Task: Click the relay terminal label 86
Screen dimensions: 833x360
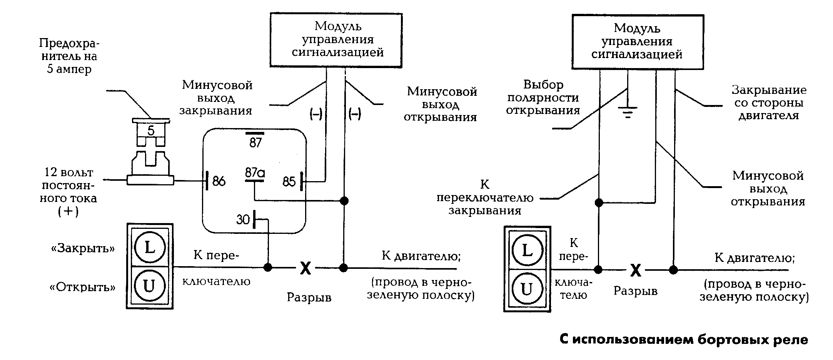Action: coord(219,181)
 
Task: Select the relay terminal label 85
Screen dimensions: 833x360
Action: coord(289,182)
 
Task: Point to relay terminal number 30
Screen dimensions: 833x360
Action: coord(243,220)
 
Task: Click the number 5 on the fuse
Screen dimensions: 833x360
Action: coord(151,131)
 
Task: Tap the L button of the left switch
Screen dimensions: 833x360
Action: coord(150,247)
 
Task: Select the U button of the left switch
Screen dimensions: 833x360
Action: coord(150,286)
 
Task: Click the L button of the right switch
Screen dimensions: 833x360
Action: coord(527,251)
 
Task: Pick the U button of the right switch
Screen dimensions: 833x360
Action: coord(527,289)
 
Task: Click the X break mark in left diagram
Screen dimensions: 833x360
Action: coord(305,268)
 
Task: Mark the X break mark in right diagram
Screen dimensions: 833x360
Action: coord(636,270)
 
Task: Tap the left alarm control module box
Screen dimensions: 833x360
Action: coord(336,40)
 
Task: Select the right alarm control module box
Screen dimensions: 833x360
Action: coord(638,42)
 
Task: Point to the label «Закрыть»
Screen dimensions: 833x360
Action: coord(83,248)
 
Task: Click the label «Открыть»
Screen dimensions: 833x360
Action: coord(83,287)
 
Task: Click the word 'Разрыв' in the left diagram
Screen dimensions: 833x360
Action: coord(309,297)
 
